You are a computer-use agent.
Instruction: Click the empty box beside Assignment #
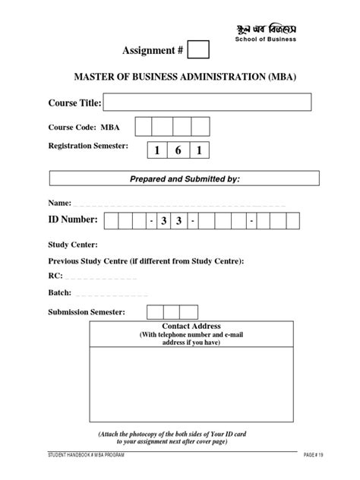pos(198,51)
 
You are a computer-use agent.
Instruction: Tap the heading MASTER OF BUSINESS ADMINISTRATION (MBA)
pos(179,77)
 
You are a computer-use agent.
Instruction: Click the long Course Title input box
pos(207,103)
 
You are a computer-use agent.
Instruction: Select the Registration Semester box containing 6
pos(178,151)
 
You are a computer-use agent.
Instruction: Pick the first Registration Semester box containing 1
pos(158,151)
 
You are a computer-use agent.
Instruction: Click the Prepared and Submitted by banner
pos(179,178)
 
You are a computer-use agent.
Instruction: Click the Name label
pos(58,204)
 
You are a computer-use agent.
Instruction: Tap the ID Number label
pos(73,220)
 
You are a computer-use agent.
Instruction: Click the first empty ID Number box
pos(111,221)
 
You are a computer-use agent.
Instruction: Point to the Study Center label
pos(73,245)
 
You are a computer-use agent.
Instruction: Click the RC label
pos(55,276)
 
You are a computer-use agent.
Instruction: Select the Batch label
pos(60,292)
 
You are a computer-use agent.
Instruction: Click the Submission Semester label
pos(87,312)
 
